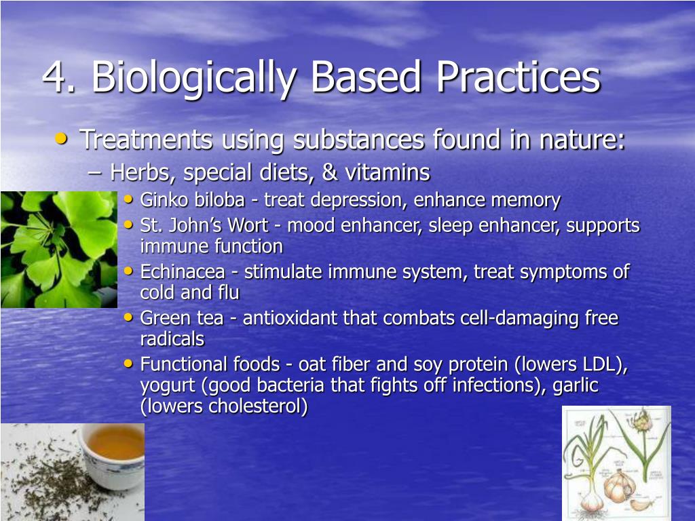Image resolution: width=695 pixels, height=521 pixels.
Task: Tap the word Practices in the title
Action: coord(518,78)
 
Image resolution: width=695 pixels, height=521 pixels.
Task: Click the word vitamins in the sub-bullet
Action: coord(387,173)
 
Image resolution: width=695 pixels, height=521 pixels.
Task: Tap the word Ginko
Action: coord(162,201)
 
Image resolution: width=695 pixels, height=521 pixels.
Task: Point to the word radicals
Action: coord(172,339)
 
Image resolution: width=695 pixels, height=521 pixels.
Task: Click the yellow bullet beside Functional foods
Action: coord(129,364)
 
